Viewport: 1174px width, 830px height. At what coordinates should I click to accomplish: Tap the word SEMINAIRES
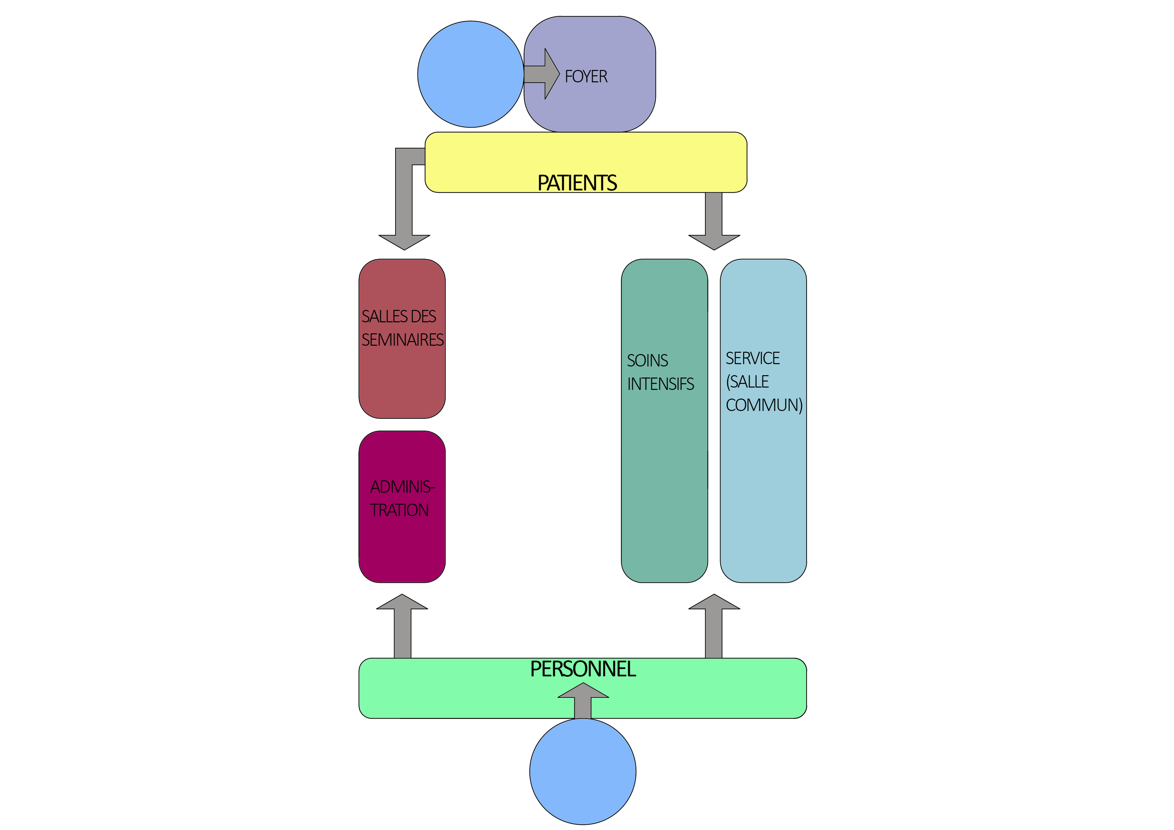click(402, 340)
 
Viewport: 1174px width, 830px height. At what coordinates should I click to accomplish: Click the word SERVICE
click(753, 358)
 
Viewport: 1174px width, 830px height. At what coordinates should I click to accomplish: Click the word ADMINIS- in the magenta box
click(402, 487)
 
